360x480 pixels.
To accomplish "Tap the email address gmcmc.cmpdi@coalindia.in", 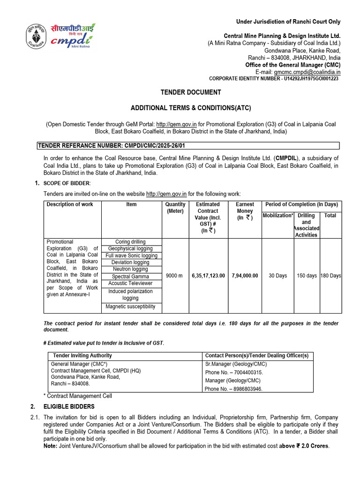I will coord(307,72).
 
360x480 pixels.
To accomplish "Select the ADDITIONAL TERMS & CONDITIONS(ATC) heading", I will coord(191,108).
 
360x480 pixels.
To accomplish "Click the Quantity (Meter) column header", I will coord(175,208).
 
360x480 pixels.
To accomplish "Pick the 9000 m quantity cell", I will coord(175,276).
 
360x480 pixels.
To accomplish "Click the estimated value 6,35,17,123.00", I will coord(208,276).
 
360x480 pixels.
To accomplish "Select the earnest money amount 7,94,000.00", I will coord(245,276).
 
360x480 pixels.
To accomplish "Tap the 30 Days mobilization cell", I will coord(277,276).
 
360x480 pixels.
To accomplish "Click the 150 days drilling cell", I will coord(307,276).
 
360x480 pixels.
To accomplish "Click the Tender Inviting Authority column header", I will coord(82,356).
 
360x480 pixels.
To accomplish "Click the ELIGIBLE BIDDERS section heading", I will coord(69,406).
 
